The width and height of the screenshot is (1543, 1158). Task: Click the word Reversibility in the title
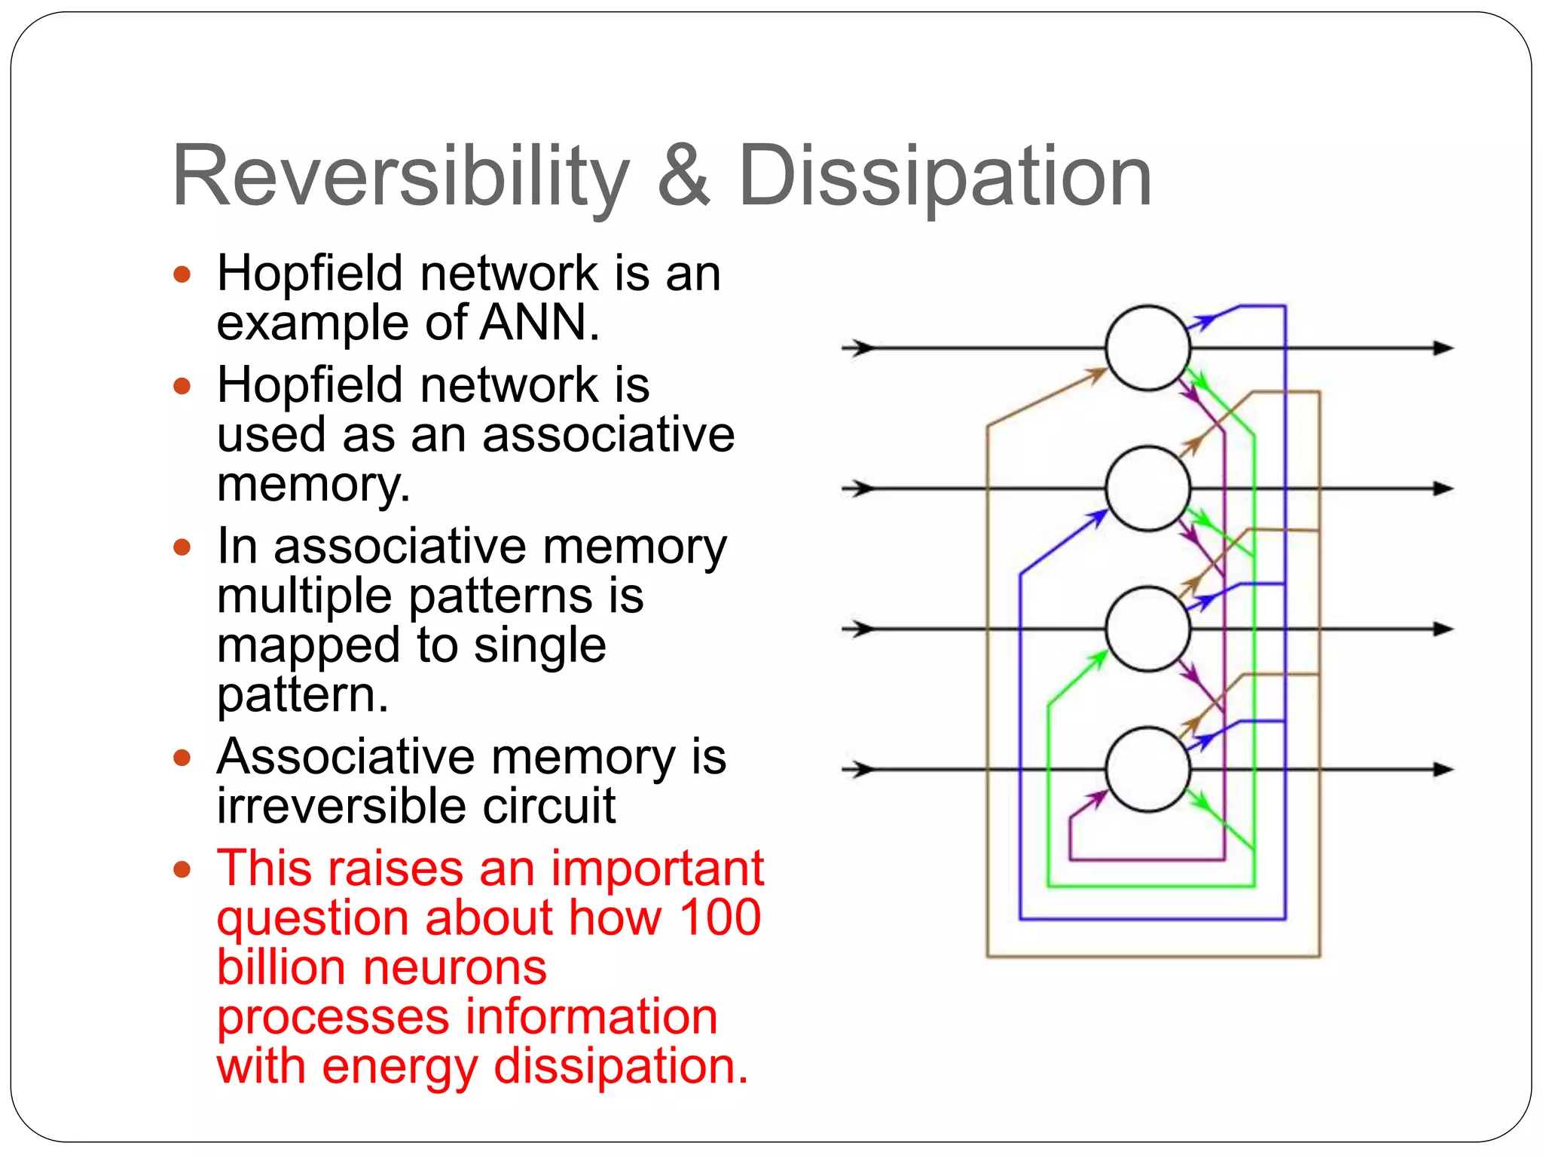(400, 176)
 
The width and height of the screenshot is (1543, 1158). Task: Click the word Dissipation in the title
(945, 176)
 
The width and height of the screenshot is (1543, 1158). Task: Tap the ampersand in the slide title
(683, 176)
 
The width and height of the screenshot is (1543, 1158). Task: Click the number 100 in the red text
(720, 918)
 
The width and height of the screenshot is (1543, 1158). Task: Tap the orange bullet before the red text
(182, 870)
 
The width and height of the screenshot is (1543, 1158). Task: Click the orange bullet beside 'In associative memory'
(182, 547)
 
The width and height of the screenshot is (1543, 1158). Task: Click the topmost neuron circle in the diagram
(1147, 348)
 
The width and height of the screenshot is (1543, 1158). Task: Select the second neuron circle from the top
(1147, 489)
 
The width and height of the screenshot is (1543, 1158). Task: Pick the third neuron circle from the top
(1147, 629)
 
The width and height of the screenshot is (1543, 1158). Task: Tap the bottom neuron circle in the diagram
(1147, 769)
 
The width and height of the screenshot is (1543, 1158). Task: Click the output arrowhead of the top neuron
(1442, 348)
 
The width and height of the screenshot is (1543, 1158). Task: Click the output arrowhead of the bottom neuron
(1442, 769)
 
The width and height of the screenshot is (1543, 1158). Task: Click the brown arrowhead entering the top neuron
(1096, 374)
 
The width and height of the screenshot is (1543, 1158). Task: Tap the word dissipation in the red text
(621, 1067)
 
